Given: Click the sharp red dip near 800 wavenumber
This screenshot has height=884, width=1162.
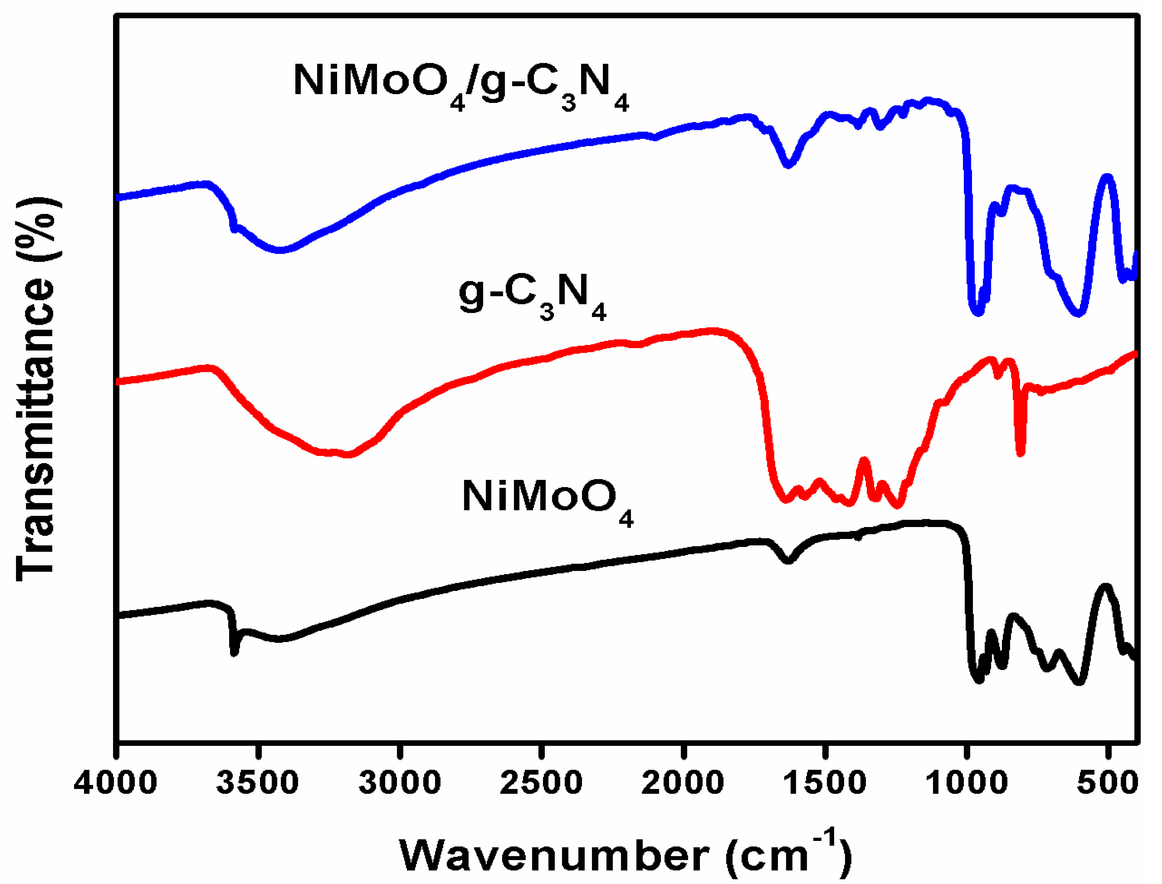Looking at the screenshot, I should tap(1020, 453).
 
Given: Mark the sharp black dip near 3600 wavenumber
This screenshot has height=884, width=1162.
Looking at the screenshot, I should tap(235, 653).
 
